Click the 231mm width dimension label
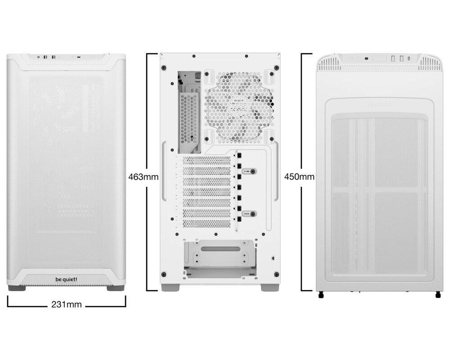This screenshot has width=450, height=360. tap(67, 305)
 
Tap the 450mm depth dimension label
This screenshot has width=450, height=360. tap(299, 177)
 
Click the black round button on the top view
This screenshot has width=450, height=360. tap(367, 58)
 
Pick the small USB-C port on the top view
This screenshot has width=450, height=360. tap(408, 58)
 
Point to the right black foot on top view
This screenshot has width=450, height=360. tap(437, 296)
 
